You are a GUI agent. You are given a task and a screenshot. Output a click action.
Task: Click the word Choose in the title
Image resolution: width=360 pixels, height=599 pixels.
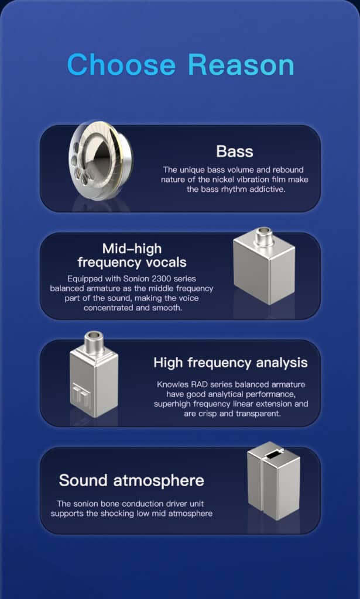pyautogui.click(x=121, y=64)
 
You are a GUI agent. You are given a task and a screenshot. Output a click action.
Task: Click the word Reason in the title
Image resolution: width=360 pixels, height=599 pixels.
pyautogui.click(x=241, y=64)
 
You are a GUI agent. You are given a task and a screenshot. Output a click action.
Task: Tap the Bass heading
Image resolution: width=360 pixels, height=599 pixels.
pyautogui.click(x=235, y=152)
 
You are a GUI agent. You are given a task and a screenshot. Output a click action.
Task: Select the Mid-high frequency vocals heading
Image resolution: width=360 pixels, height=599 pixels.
pyautogui.click(x=132, y=256)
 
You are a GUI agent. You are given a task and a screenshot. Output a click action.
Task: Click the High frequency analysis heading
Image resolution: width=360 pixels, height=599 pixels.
pyautogui.click(x=231, y=362)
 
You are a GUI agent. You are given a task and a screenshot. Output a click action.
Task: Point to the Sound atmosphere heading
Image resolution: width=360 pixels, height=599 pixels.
pyautogui.click(x=132, y=480)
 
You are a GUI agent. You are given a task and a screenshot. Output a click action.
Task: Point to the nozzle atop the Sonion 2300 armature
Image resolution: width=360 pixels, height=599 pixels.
pyautogui.click(x=263, y=236)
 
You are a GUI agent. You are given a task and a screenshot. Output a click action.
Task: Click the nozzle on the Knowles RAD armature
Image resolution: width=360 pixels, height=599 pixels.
pyautogui.click(x=94, y=343)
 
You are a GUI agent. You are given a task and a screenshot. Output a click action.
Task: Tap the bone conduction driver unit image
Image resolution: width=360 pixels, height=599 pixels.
pyautogui.click(x=273, y=481)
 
